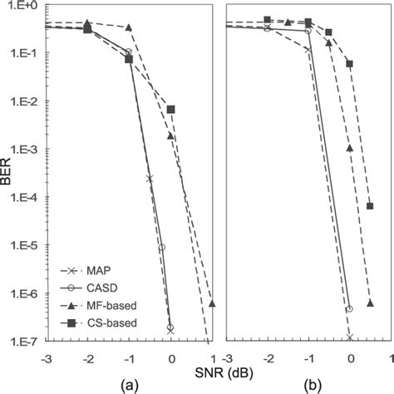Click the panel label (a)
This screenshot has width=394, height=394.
pyautogui.click(x=126, y=385)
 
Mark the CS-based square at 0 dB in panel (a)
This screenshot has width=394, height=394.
pyautogui.click(x=171, y=110)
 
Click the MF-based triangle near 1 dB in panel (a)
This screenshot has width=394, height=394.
pyautogui.click(x=212, y=303)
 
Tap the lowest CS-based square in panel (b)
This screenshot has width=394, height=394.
pyautogui.click(x=370, y=206)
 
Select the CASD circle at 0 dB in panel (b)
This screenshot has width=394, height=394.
pyautogui.click(x=350, y=308)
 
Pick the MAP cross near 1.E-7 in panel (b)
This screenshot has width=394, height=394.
pyautogui.click(x=350, y=337)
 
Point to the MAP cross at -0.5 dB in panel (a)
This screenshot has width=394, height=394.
pyautogui.click(x=150, y=178)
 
